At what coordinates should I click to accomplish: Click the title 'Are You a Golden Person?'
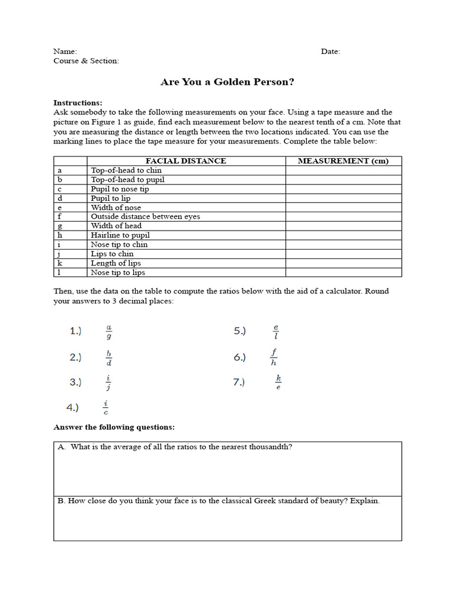(227, 82)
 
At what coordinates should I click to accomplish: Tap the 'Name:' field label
(65, 52)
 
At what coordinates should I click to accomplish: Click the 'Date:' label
(331, 52)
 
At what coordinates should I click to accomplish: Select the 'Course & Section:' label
(86, 61)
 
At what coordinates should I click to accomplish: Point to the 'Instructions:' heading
(78, 103)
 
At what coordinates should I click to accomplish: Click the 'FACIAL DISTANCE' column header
(185, 161)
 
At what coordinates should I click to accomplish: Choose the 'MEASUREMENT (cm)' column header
(343, 161)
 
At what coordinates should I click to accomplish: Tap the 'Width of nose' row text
(116, 207)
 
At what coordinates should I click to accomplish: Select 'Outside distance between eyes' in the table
(145, 216)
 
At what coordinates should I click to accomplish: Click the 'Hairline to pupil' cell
(120, 235)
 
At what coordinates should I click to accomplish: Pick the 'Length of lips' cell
(116, 263)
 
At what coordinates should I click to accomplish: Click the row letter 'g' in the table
(60, 226)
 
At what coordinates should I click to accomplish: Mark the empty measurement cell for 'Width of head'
(343, 226)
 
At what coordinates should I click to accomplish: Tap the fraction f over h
(273, 357)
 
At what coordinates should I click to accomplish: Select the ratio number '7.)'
(239, 382)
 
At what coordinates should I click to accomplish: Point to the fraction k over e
(278, 383)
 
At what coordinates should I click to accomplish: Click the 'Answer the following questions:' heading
(114, 427)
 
